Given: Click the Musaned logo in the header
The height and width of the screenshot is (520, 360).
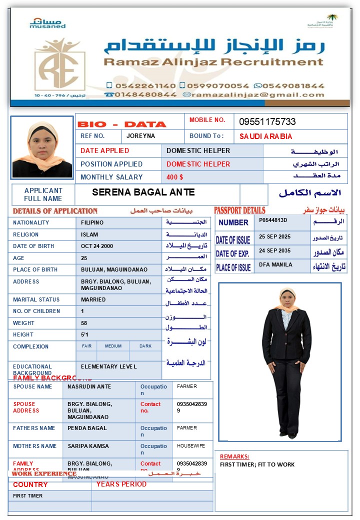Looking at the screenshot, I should click(x=47, y=23).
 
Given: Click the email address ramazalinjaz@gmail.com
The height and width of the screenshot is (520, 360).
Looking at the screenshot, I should click(x=258, y=94).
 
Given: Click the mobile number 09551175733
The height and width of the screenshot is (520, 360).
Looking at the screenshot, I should click(x=267, y=121).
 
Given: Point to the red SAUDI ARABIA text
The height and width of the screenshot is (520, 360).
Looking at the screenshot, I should click(x=265, y=136).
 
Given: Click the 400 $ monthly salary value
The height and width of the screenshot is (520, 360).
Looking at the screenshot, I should click(x=174, y=177).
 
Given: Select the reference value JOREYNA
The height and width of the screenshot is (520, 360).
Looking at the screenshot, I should click(x=140, y=136).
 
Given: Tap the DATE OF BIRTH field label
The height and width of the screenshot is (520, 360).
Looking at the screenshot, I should click(x=33, y=246).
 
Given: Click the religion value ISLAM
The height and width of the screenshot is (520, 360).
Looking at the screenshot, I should click(x=89, y=234).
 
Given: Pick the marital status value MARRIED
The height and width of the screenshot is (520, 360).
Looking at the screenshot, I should click(x=93, y=299).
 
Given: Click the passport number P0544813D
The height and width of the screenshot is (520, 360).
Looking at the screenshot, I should click(x=273, y=220).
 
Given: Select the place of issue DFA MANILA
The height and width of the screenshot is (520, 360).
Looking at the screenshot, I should click(x=275, y=264).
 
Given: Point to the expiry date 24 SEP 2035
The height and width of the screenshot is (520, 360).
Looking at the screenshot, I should click(x=274, y=250).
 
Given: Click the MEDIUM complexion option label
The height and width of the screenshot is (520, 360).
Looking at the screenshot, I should click(x=113, y=346).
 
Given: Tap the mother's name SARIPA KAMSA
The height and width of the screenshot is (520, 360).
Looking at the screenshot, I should click(x=88, y=446).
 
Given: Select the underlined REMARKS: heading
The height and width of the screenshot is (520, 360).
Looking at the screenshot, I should click(x=234, y=456).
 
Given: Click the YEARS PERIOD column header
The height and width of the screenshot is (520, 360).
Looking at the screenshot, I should click(x=121, y=484).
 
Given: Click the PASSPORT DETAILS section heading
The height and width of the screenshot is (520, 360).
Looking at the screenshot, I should click(x=239, y=210).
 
